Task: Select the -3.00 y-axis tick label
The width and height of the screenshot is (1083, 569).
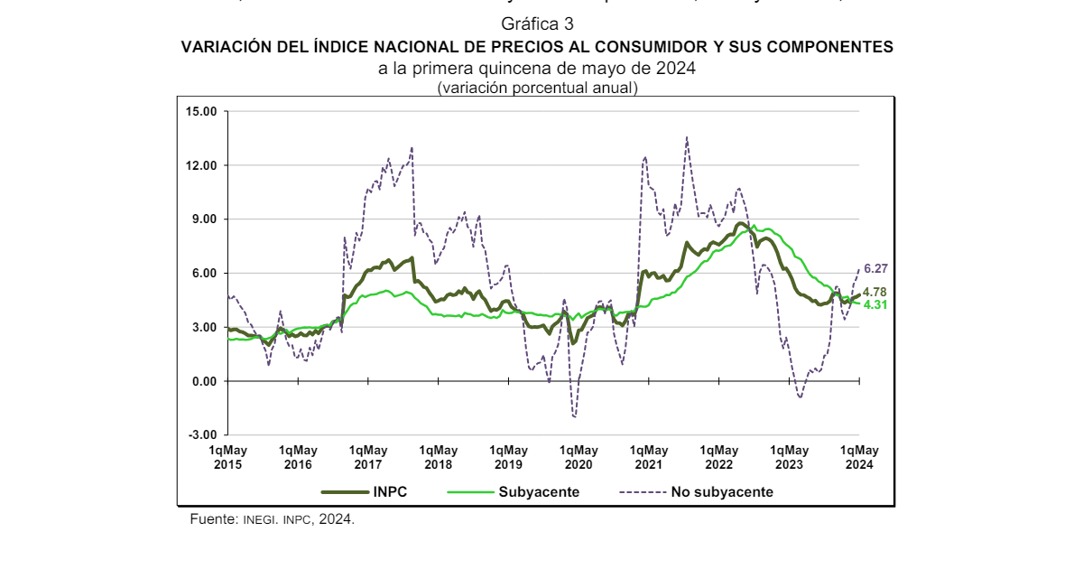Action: pos(203,435)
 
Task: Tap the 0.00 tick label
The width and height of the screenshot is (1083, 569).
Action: pos(205,381)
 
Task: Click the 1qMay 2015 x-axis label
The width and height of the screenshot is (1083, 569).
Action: pos(228,457)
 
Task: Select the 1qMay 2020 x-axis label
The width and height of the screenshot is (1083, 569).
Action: pos(579,457)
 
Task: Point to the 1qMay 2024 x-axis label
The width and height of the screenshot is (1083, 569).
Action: pos(860,457)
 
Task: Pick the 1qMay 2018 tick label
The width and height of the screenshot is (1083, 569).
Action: pos(439,457)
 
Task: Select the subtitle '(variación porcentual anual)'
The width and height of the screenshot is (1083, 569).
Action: pos(537,89)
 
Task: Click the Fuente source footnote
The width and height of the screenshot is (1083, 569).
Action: pos(272,520)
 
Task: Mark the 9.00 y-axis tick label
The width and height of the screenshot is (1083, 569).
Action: pos(205,219)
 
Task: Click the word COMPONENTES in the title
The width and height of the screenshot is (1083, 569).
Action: pos(833,46)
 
